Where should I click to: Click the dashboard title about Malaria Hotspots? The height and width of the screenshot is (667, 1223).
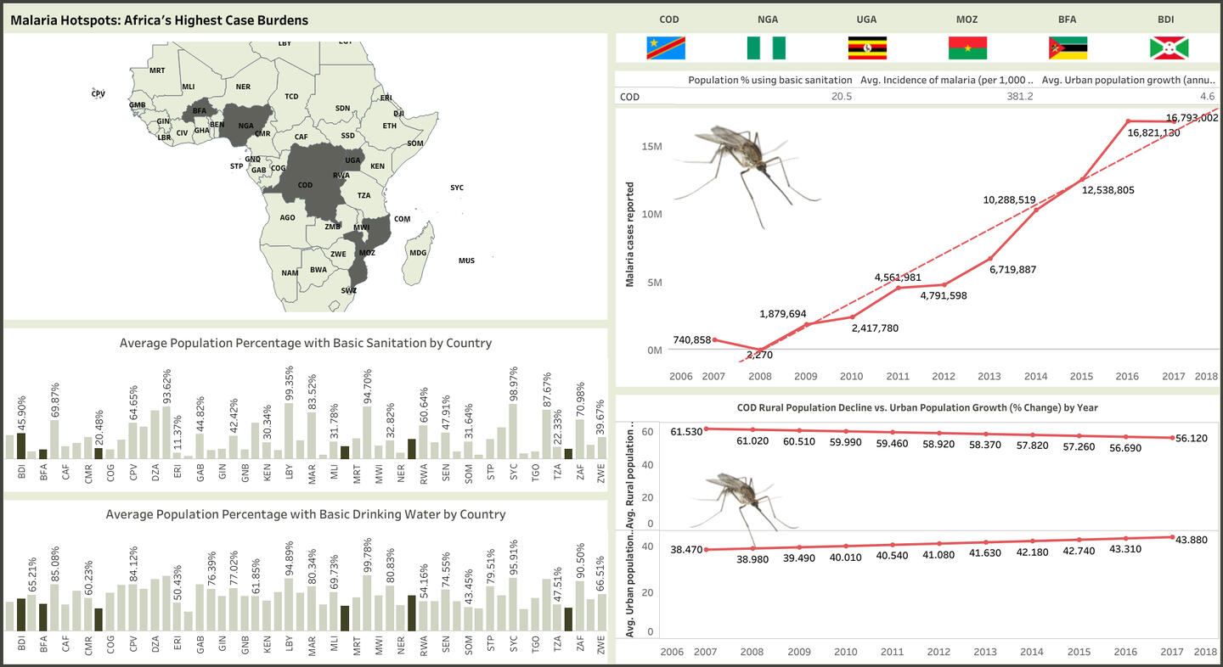click(x=160, y=20)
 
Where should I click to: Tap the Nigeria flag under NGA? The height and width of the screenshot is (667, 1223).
click(x=766, y=48)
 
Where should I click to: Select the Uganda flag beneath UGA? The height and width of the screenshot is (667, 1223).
click(x=867, y=48)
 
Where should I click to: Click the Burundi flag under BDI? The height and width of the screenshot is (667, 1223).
click(x=1169, y=48)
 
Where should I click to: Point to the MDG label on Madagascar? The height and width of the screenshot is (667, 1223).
click(x=418, y=253)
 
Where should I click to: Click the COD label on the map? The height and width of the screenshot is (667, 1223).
click(x=306, y=185)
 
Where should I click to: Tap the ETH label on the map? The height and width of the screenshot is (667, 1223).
click(x=390, y=126)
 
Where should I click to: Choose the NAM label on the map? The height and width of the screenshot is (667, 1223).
click(x=290, y=272)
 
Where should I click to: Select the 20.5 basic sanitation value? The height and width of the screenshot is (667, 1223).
click(x=842, y=97)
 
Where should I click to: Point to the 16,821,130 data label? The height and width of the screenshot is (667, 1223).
click(x=1153, y=132)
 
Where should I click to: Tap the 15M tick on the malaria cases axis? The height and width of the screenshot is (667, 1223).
click(x=651, y=146)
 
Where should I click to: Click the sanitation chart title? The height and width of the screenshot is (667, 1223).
click(x=306, y=343)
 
